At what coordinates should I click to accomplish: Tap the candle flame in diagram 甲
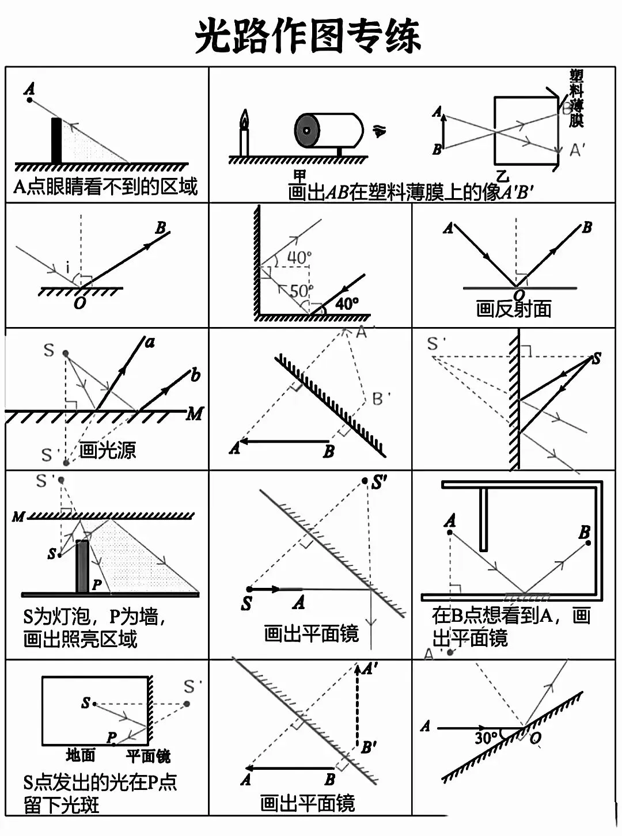pos(245,119)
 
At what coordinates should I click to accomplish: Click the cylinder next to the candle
pos(328,131)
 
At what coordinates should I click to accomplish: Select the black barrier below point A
pos(56,140)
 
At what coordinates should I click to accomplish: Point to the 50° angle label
pos(301,291)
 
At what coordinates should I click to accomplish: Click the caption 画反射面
pos(513,309)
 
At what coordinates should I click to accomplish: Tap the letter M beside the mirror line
pos(195,413)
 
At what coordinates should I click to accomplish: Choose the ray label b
pos(195,375)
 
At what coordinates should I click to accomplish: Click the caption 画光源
pos(108,450)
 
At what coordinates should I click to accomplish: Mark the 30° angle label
pos(486,738)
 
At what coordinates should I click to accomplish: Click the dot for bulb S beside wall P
pos(59,555)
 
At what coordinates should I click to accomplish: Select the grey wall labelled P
pos(82,567)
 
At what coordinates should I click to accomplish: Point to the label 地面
pos(80,755)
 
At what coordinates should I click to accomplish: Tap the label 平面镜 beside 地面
pos(148,755)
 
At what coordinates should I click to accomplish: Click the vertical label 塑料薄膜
pos(577,98)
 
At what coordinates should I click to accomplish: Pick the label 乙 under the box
pos(503,177)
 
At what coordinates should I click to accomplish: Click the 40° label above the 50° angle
pos(299,257)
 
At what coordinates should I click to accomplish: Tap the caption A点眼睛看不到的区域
pos(105,187)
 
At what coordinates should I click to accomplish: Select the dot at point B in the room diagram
pos(588,543)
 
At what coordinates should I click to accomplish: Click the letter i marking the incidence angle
pos(68,267)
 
